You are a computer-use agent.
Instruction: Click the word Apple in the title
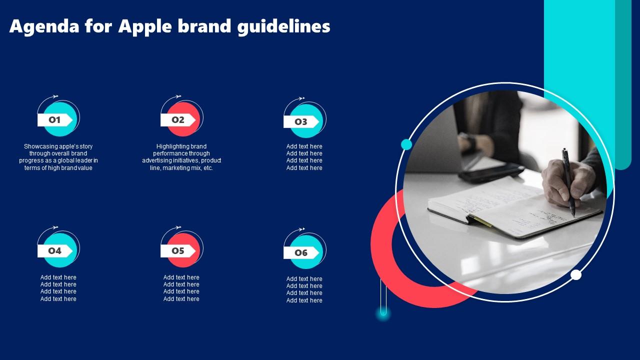[145, 27]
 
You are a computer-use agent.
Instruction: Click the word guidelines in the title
[283, 27]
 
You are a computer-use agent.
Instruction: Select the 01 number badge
[55, 120]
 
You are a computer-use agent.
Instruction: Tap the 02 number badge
[178, 120]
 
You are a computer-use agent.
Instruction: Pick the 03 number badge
[301, 122]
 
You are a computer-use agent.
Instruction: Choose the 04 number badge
[55, 251]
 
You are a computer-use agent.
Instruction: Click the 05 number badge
[178, 251]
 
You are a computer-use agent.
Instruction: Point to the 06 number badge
[301, 253]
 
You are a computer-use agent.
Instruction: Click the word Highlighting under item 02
[169, 146]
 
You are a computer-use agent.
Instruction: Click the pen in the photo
[568, 182]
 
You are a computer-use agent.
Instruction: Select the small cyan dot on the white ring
[406, 144]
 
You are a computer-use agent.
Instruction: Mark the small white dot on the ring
[575, 275]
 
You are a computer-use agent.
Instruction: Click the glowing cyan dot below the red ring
[383, 312]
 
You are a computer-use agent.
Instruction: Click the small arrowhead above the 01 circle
[55, 96]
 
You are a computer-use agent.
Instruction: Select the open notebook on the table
[514, 210]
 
